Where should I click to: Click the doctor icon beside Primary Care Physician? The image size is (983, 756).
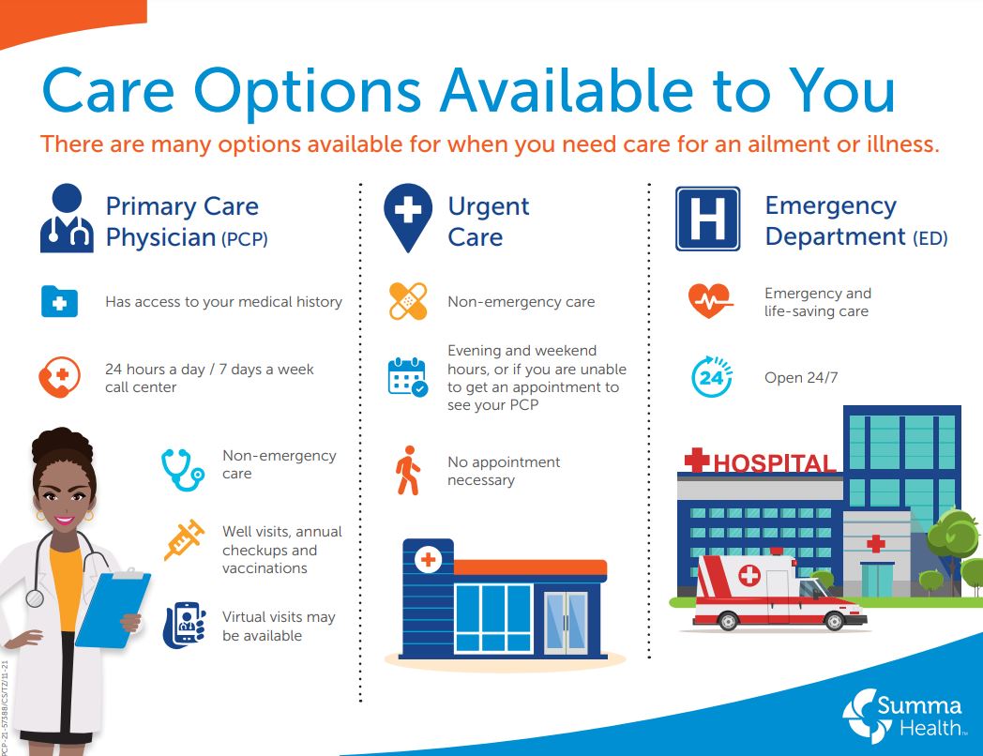(67, 219)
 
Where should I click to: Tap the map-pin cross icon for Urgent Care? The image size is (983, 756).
(408, 216)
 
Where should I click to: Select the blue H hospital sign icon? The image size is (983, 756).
(707, 219)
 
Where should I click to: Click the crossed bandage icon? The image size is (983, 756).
(408, 301)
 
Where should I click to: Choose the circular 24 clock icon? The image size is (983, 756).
(712, 377)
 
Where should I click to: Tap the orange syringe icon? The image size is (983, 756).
(184, 540)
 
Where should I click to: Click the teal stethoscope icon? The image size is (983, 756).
(182, 468)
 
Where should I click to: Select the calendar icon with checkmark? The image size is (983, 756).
(407, 376)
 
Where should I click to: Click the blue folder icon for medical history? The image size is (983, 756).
(59, 302)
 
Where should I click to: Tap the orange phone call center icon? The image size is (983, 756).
(58, 378)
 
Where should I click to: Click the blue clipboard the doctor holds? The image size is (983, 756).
(112, 609)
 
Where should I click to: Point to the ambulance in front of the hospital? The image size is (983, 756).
(778, 591)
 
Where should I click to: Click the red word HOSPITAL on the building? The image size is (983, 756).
(773, 462)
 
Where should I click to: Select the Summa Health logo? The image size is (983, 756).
(901, 714)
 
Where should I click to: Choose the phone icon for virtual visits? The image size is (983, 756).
(184, 626)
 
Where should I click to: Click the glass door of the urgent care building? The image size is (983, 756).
(566, 622)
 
